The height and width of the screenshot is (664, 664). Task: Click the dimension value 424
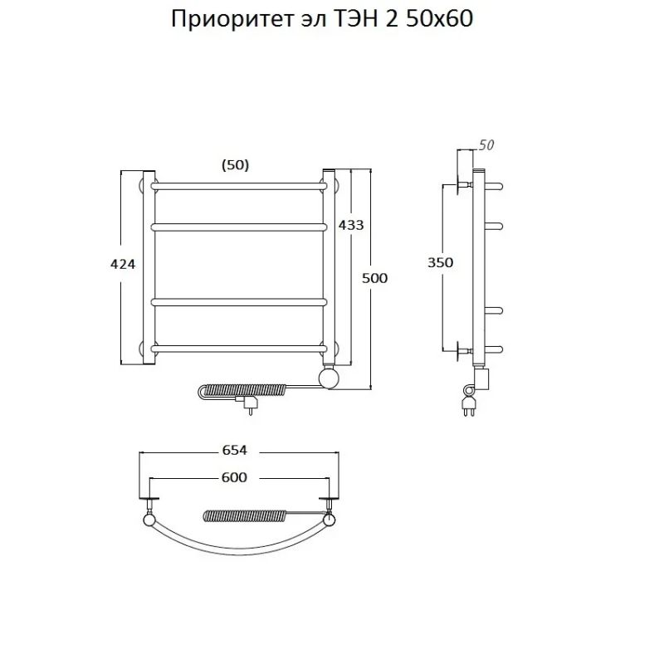point(122,264)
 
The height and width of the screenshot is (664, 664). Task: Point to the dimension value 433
point(350,225)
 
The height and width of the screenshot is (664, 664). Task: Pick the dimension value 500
point(374,278)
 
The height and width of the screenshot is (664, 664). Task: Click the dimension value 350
point(440,262)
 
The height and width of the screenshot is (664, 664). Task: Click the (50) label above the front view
point(235,165)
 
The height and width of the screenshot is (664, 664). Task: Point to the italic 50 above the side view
point(486,145)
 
